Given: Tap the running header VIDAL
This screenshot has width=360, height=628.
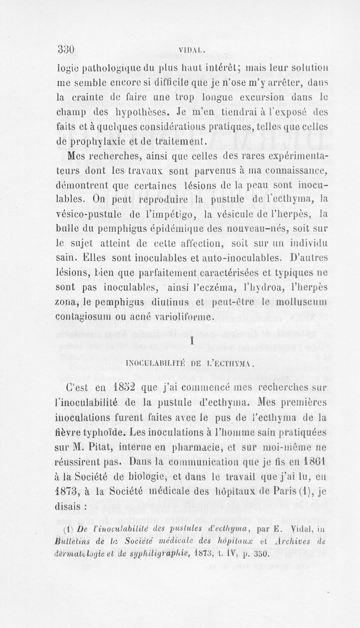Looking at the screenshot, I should click(192, 50).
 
